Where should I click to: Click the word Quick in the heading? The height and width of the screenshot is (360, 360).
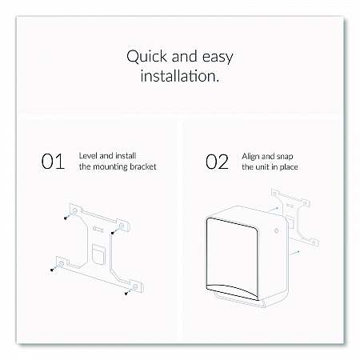point(146,57)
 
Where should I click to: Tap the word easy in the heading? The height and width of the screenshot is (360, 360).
point(218,58)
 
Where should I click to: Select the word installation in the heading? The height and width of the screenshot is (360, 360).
point(179,76)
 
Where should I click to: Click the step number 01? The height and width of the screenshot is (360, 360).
point(53,162)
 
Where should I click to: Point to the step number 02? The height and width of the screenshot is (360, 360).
point(217,162)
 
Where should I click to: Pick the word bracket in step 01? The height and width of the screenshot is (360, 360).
point(142,166)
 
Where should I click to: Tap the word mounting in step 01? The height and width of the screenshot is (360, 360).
point(110,167)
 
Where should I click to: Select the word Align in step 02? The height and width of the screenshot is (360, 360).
point(250,157)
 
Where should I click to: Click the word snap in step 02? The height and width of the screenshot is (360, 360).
point(284,157)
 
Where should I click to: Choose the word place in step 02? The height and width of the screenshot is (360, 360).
point(289,167)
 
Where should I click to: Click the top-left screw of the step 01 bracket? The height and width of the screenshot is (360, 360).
point(66,218)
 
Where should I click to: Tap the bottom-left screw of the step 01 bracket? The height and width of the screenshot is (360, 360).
point(52,270)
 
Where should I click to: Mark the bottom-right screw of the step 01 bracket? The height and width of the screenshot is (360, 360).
point(126,294)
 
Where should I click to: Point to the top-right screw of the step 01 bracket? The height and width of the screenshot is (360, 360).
point(113,234)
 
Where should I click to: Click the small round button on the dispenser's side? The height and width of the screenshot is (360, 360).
point(276,230)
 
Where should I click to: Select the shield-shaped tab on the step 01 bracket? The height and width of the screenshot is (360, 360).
point(98,254)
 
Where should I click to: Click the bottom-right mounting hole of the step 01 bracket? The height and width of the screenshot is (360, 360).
point(135,286)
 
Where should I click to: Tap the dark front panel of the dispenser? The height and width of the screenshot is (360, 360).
point(232,258)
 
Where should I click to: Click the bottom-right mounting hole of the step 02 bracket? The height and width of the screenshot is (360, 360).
point(314,243)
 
